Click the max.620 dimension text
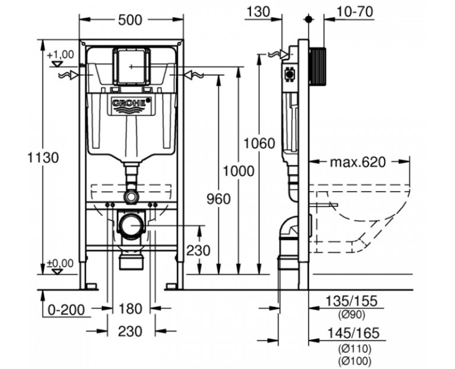[358, 162]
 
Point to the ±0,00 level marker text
[60, 263]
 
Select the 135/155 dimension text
[353, 301]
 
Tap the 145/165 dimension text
[353, 333]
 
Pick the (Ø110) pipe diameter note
[353, 347]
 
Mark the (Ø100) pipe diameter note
[353, 360]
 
